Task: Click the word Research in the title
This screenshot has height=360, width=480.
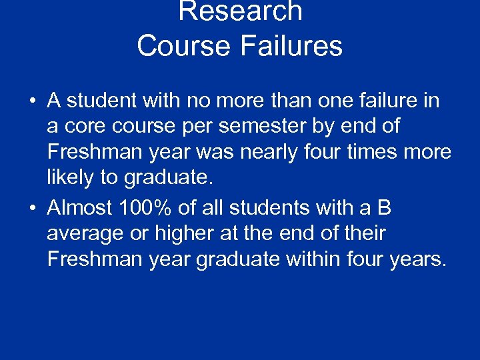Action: (x=240, y=11)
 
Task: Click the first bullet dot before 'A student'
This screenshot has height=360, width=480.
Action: (x=32, y=101)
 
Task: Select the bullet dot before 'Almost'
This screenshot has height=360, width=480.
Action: (x=32, y=209)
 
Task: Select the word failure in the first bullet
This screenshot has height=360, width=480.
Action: (x=389, y=101)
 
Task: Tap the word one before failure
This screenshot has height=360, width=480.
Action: (x=331, y=101)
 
